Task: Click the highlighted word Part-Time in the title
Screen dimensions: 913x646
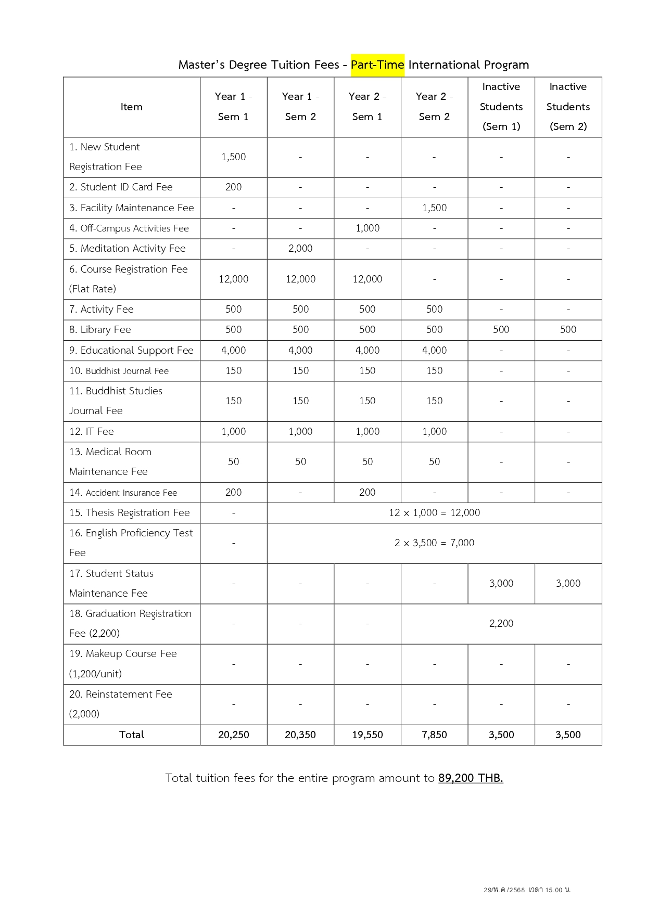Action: point(377,65)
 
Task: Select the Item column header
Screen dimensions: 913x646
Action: point(131,107)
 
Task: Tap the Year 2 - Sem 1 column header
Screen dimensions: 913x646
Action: point(367,107)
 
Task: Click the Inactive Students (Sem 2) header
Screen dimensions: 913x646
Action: point(568,107)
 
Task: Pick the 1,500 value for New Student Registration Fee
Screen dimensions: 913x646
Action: point(233,157)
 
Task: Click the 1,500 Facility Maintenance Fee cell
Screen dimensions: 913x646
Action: point(434,208)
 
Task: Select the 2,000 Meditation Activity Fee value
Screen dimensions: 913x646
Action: point(300,249)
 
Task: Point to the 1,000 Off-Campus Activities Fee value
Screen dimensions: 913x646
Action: point(367,228)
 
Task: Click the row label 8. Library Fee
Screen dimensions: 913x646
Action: point(100,330)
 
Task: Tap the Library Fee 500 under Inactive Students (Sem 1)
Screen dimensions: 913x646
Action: point(501,330)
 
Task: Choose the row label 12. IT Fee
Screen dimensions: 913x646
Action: point(92,432)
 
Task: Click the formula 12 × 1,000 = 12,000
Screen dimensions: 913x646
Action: point(434,513)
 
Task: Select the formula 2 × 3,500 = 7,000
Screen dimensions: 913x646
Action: point(434,543)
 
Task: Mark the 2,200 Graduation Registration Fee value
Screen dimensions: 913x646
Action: point(501,624)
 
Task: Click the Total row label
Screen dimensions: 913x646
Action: point(131,735)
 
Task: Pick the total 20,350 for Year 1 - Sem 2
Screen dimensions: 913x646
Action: point(300,735)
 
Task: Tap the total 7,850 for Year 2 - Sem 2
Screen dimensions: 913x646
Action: point(434,735)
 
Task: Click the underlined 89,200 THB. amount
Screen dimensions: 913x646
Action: point(471,778)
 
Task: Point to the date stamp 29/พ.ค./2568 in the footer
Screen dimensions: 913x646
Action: point(504,890)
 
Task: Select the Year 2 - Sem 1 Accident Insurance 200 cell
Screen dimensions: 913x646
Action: point(367,493)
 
